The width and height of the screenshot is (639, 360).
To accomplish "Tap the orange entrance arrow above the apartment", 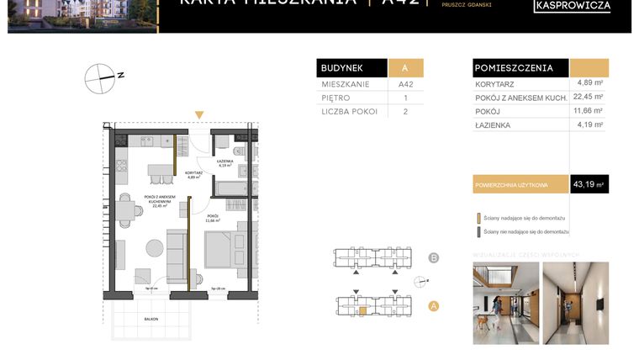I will [x=198, y=115].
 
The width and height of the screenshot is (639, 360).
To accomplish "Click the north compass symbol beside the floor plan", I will [x=100, y=77].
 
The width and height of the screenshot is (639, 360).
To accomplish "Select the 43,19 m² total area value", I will [x=589, y=183].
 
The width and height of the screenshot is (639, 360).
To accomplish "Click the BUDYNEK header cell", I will [x=351, y=68].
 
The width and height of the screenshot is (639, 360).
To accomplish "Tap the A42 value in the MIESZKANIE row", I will [x=405, y=85].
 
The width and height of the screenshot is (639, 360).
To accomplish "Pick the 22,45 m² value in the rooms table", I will [x=589, y=96].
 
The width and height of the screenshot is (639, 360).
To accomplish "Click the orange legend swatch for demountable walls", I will [x=478, y=217].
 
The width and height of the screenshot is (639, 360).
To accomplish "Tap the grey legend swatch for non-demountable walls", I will [x=478, y=230].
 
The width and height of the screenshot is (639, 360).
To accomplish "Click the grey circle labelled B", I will [x=434, y=257].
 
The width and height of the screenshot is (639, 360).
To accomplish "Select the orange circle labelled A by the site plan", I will [x=434, y=306].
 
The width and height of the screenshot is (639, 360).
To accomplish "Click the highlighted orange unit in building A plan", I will [x=362, y=310].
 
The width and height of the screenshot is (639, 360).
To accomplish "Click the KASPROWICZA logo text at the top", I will [x=572, y=7].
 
